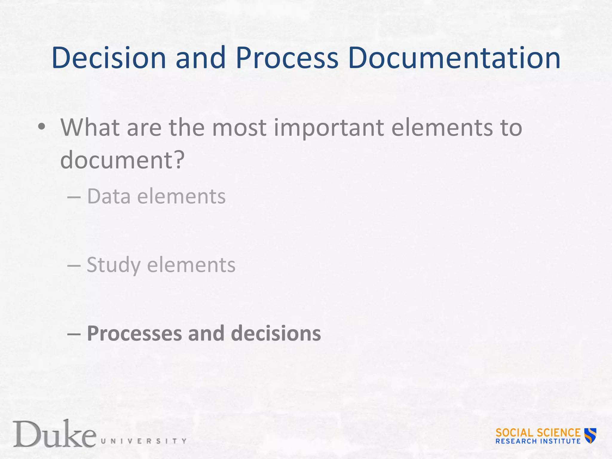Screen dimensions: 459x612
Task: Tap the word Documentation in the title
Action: coord(454,58)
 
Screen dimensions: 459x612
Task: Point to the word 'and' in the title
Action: coord(200,58)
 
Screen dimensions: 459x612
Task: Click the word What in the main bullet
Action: coord(90,128)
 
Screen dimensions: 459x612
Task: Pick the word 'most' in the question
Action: coord(239,128)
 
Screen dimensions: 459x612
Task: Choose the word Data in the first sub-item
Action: coord(109,196)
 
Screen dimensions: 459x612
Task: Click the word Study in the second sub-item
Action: coord(114,266)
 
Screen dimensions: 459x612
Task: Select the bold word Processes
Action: coord(134,333)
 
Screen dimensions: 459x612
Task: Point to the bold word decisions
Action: coord(276,333)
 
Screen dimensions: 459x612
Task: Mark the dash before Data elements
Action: coord(74,198)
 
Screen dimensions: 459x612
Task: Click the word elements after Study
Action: coord(191,265)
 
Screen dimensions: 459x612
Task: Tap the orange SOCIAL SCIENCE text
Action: coord(538,432)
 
